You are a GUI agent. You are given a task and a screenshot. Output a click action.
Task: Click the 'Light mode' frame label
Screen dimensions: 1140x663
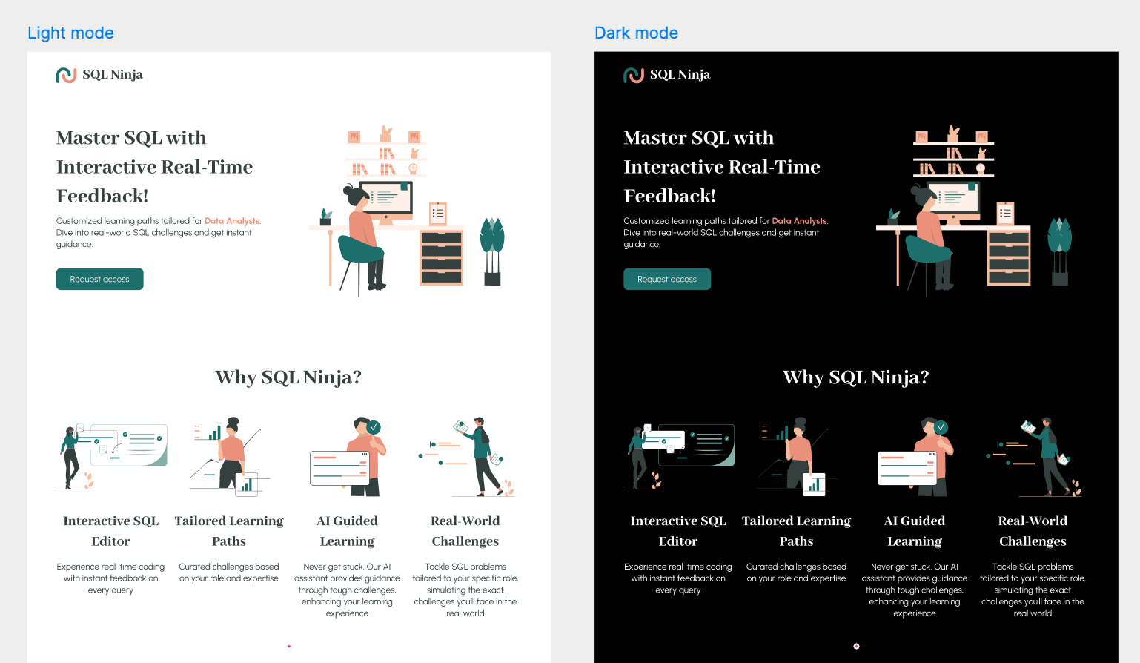(70, 33)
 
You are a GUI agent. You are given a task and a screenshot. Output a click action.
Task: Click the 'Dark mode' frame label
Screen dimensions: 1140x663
(636, 33)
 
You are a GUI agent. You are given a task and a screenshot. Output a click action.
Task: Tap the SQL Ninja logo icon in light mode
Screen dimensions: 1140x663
(66, 75)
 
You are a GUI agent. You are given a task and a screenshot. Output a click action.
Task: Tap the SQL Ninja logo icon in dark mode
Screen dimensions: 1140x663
(634, 75)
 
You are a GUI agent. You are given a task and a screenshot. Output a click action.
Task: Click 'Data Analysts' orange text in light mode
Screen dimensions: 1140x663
(232, 221)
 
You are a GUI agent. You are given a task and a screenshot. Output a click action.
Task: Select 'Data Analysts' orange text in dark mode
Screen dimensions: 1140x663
(800, 221)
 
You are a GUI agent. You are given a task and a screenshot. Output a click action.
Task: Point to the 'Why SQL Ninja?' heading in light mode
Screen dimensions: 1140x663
(288, 377)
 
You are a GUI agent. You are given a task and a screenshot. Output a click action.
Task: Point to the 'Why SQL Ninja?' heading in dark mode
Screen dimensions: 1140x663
(856, 377)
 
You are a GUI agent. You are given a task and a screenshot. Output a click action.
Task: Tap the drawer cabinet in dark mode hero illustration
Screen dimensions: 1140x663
(1009, 257)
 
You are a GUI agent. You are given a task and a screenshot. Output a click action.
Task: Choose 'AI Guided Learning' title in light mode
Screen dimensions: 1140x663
(347, 530)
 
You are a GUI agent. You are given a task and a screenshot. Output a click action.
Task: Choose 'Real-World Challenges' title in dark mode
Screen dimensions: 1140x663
(1033, 530)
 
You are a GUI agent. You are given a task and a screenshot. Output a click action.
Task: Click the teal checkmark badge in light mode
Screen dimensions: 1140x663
(374, 426)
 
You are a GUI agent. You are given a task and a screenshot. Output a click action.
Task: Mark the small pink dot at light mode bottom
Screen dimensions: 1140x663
(289, 646)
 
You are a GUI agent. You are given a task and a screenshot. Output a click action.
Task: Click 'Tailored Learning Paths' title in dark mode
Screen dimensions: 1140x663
(797, 530)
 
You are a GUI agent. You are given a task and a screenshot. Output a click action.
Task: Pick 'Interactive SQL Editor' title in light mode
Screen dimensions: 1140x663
(111, 530)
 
